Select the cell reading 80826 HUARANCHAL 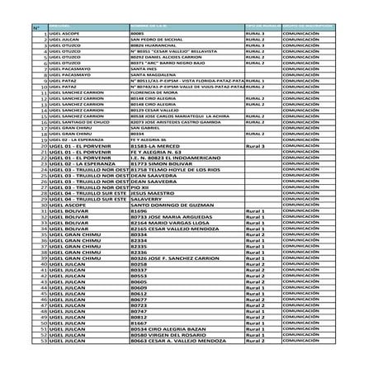[149, 45]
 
